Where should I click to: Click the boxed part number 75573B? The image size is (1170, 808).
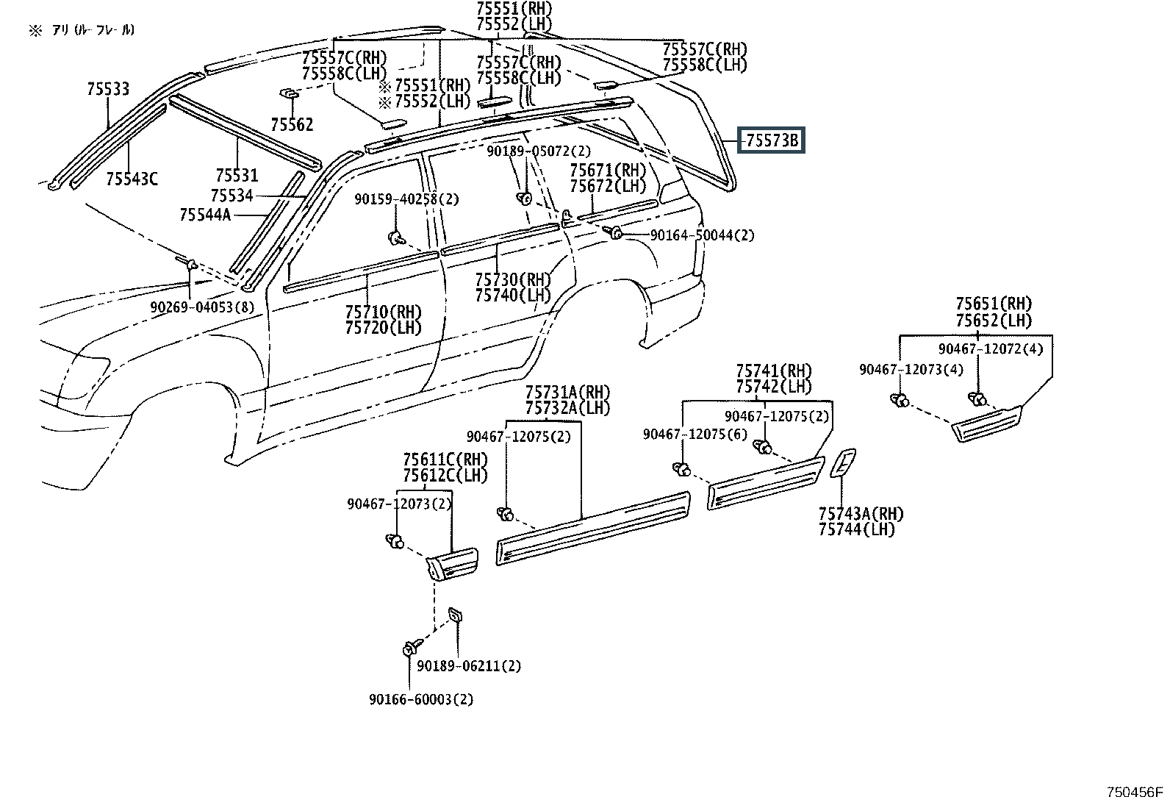pos(772,140)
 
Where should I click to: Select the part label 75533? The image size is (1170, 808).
pos(108,89)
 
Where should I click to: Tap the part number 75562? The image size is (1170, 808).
pos(292,124)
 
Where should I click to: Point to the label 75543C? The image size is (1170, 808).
pos(132,179)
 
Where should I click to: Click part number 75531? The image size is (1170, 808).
pos(237,175)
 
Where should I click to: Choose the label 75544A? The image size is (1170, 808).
pos(205,215)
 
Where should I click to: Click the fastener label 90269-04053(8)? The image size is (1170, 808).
pos(202,307)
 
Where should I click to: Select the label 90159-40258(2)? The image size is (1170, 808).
pos(407,199)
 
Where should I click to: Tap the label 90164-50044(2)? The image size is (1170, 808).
pos(703,235)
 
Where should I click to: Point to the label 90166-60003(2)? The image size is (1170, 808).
pos(421,699)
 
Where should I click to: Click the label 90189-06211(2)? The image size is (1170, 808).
pos(469,666)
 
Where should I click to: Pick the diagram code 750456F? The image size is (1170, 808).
pos(1135,793)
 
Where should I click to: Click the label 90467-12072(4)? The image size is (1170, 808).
pos(991,348)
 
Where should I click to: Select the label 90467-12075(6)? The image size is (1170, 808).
pos(695,435)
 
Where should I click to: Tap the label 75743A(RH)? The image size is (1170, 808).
pos(861,514)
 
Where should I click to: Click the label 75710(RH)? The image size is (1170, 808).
pos(384,312)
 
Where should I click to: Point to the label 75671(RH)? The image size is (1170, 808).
pos(608,170)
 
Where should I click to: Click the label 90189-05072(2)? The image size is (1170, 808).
pos(539,151)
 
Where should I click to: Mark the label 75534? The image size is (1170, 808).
pos(232,196)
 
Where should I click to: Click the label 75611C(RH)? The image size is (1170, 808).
pos(445,460)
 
